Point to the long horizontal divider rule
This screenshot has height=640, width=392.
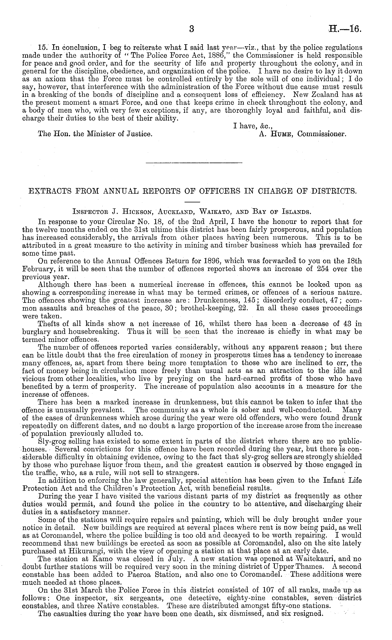tap(194, 163)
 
